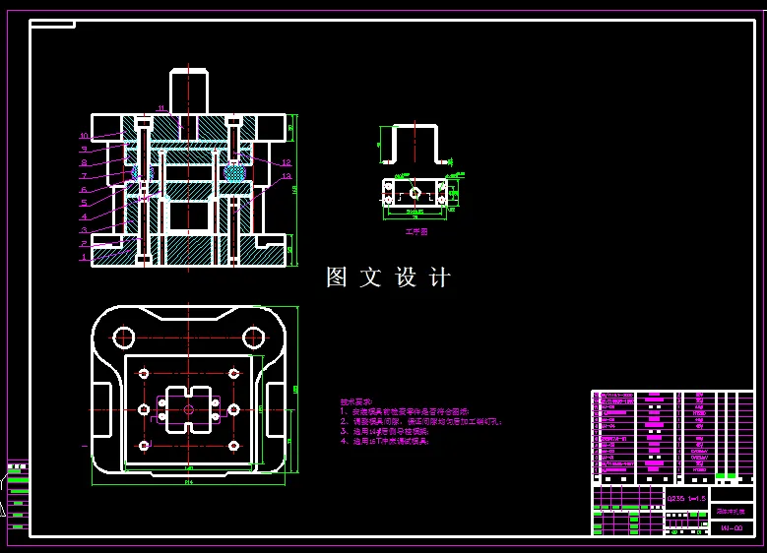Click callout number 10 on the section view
pyautogui.click(x=85, y=136)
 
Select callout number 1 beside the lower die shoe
pyautogui.click(x=84, y=258)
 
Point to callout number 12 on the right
pyautogui.click(x=286, y=162)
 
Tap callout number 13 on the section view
pyautogui.click(x=287, y=177)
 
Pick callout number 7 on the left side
pyautogui.click(x=85, y=176)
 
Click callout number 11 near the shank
pyautogui.click(x=161, y=107)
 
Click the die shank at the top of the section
pyautogui.click(x=192, y=91)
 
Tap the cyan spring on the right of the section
pyautogui.click(x=234, y=171)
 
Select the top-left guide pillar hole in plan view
pyautogui.click(x=124, y=338)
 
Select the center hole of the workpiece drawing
pyautogui.click(x=415, y=193)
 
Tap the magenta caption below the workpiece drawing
pyautogui.click(x=416, y=232)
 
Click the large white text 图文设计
pyautogui.click(x=388, y=278)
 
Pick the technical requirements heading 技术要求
pyautogui.click(x=356, y=401)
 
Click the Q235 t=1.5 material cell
pyautogui.click(x=686, y=499)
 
